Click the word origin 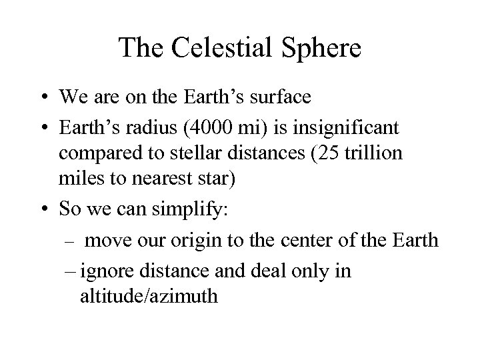(x=200, y=240)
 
